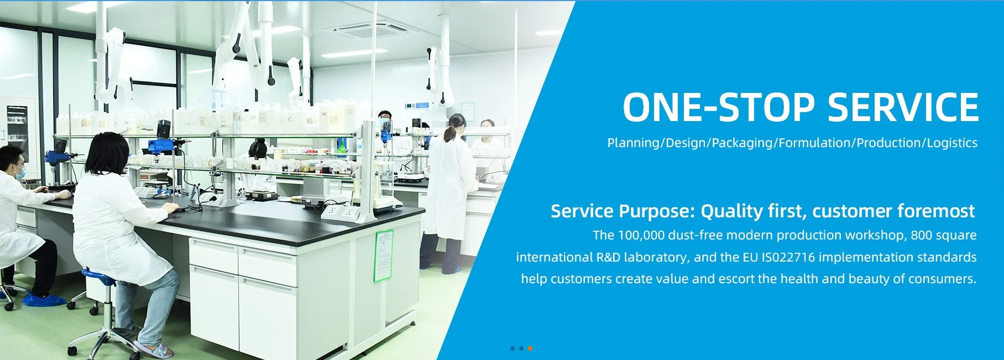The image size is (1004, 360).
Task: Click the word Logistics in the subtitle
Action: point(952,143)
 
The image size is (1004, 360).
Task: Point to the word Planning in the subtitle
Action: point(634,143)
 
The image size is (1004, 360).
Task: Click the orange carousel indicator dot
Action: point(530,348)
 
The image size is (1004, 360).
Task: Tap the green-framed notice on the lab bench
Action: point(383,256)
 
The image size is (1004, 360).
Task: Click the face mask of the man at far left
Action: point(19,172)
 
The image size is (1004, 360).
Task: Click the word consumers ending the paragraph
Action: point(947,279)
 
